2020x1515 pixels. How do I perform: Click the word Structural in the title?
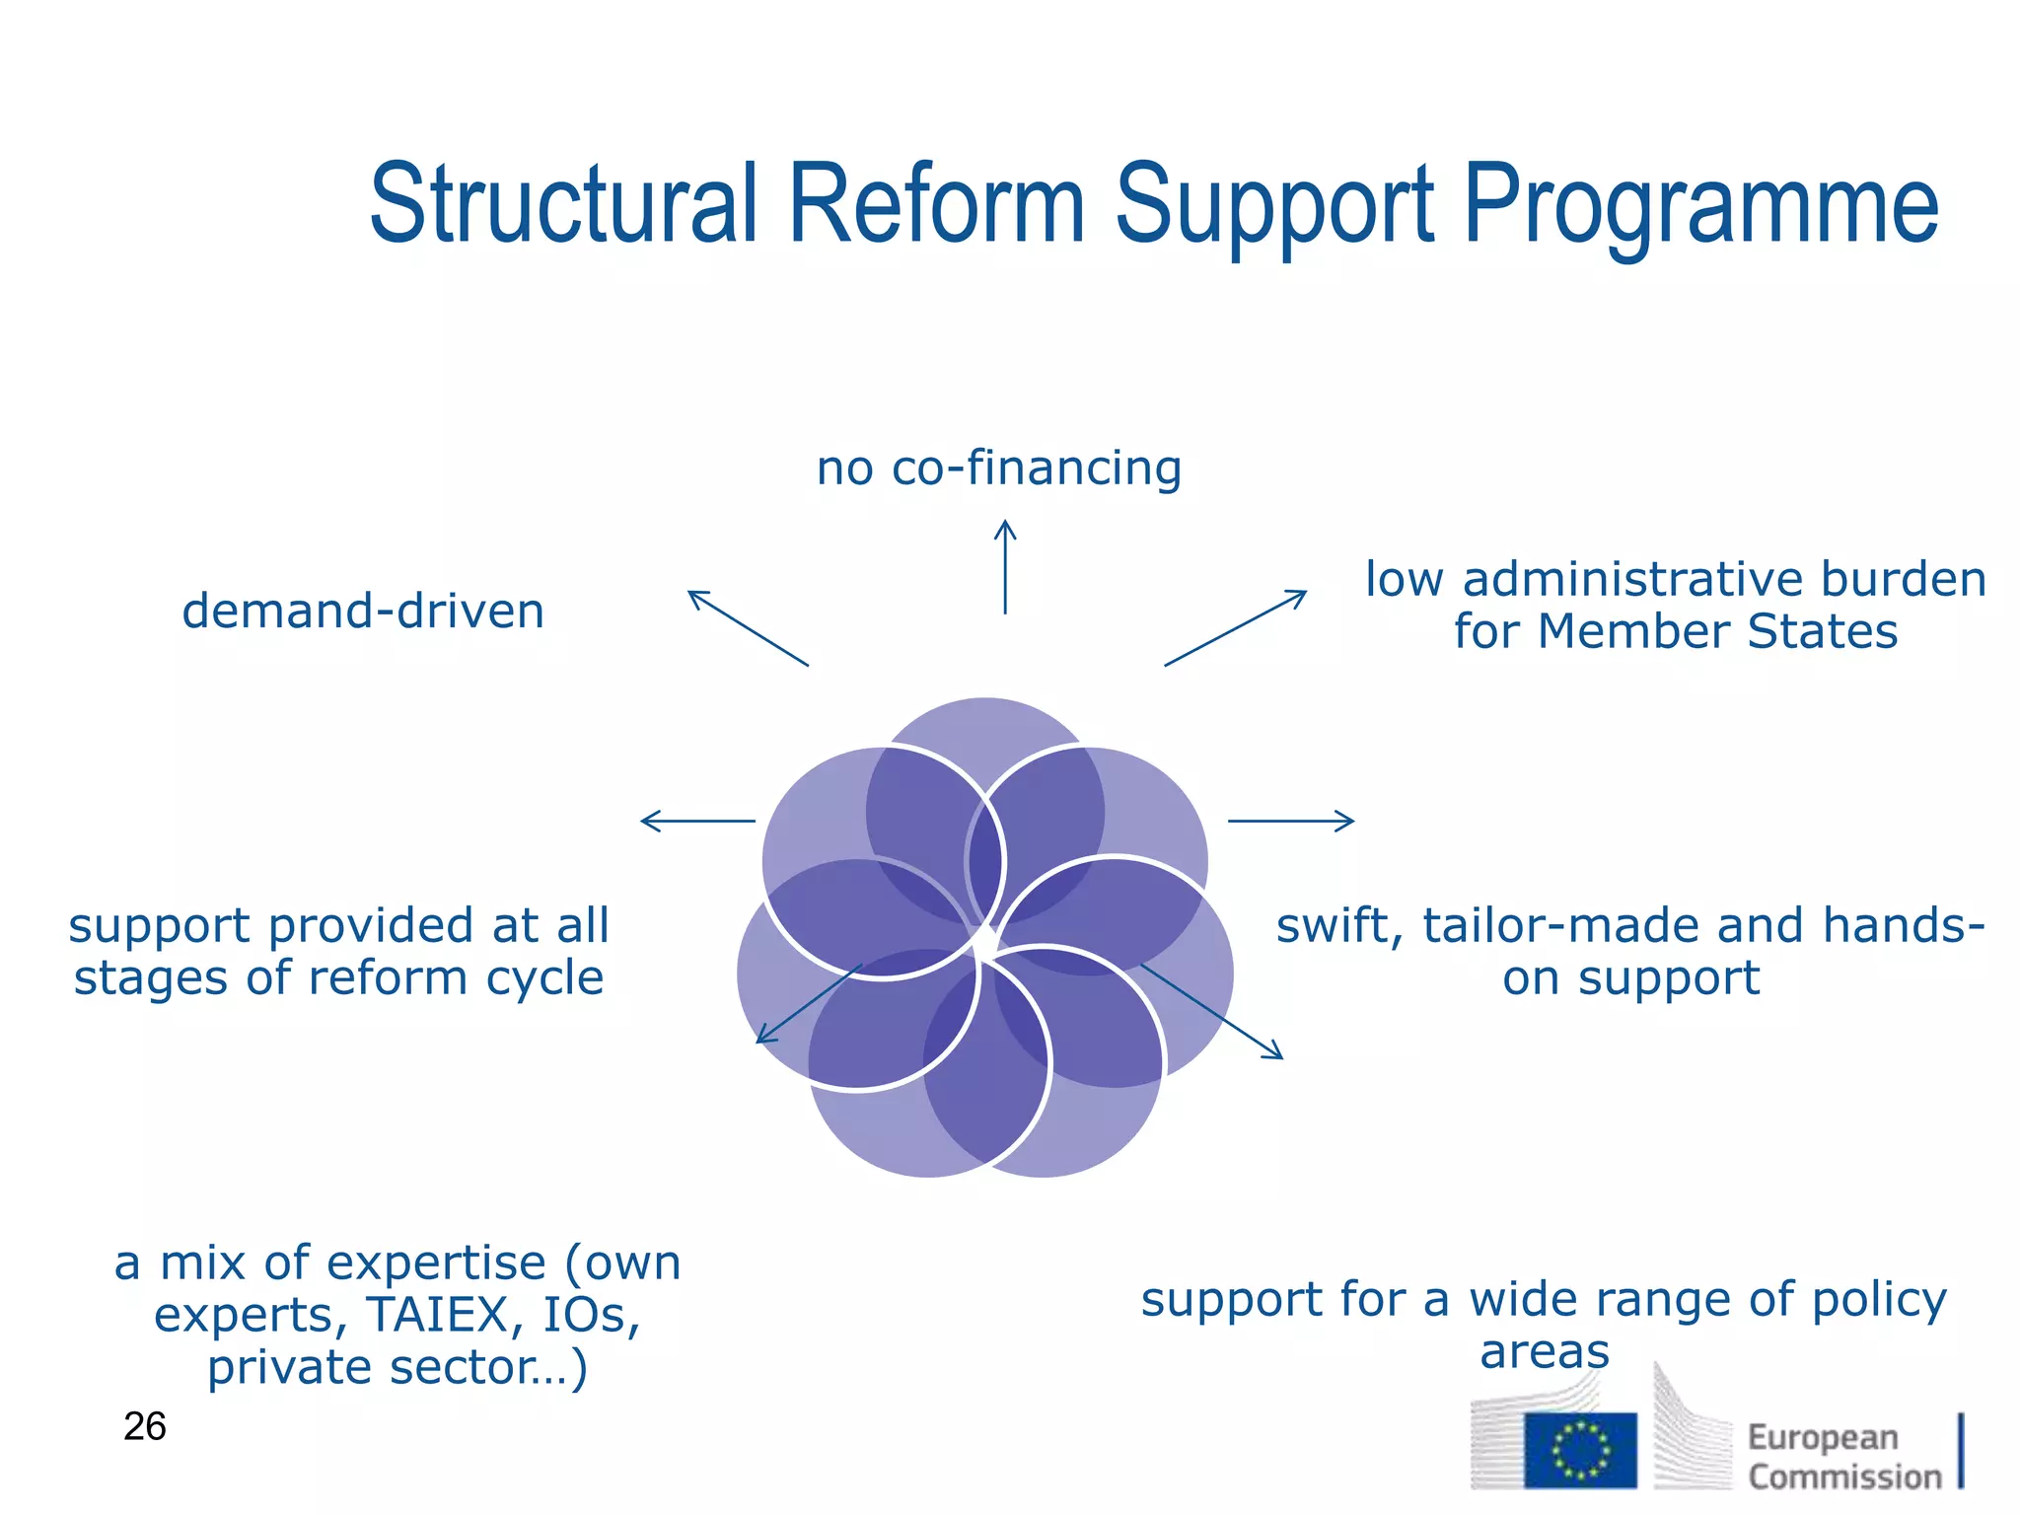point(563,205)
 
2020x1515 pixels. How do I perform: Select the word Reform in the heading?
point(936,205)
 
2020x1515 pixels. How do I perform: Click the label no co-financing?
point(998,468)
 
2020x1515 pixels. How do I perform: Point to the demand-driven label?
point(363,611)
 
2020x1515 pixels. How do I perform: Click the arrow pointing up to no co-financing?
point(1005,566)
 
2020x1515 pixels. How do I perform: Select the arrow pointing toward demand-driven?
point(747,627)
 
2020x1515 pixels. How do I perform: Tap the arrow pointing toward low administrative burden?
point(1236,627)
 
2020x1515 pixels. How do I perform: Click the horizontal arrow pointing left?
point(697,821)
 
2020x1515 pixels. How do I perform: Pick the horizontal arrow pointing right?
point(1291,821)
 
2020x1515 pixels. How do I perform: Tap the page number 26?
point(145,1426)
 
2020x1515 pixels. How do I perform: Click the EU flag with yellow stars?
point(1580,1451)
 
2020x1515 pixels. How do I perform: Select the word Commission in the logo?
point(1844,1477)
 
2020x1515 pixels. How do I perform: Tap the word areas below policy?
point(1545,1351)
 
